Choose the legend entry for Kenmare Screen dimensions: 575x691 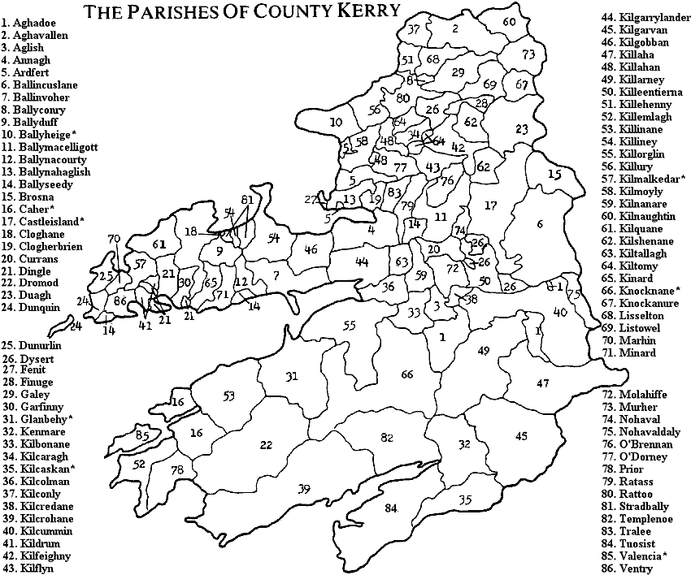tap(35, 432)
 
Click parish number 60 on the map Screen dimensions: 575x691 tap(509, 22)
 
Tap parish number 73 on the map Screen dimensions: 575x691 tap(529, 54)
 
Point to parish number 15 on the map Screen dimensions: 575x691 tap(554, 174)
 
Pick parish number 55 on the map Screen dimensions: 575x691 tap(349, 326)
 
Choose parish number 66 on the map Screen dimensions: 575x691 tap(407, 374)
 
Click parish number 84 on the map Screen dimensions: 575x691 tap(392, 508)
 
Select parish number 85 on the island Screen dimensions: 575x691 tap(143, 435)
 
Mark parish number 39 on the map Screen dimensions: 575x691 tap(304, 488)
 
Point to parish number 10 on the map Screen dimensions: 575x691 tap(337, 122)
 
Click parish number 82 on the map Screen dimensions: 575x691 tap(387, 437)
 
